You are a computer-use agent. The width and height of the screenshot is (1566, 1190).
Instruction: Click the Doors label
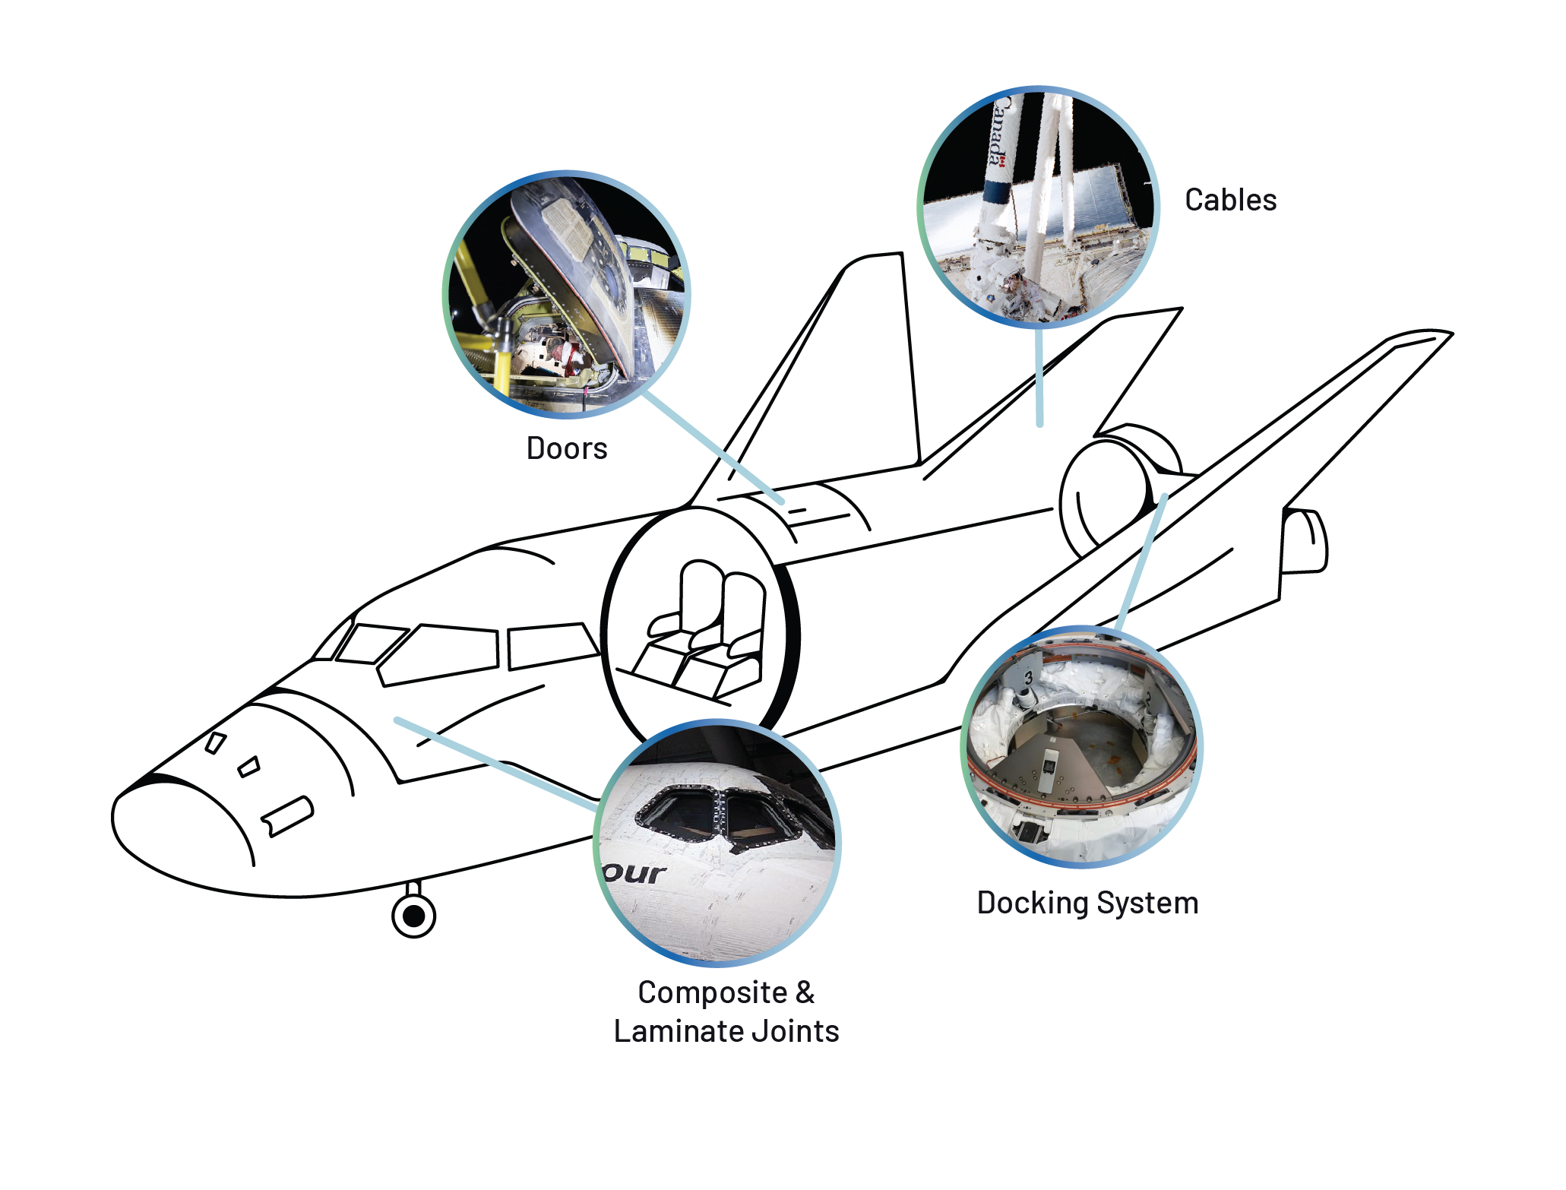coord(567,448)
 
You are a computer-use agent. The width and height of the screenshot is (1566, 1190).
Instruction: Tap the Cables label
coord(1231,200)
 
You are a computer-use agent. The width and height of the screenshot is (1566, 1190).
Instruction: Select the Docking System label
coord(1087,903)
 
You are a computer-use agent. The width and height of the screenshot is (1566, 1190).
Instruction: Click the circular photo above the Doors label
coord(567,294)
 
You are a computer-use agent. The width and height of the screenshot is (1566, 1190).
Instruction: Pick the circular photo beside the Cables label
coord(1039,207)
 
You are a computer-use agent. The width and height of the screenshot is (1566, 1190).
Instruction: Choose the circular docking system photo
coord(1082,747)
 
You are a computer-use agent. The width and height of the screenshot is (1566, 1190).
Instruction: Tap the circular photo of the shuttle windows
coord(717,843)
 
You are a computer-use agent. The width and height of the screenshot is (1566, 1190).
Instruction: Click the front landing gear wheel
coord(413,916)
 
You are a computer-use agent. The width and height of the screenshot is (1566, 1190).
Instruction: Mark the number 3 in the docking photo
coord(1028,678)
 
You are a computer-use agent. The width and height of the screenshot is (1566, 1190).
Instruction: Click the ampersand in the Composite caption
coord(805,992)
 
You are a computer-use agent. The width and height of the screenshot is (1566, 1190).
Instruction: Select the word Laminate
coord(679,1031)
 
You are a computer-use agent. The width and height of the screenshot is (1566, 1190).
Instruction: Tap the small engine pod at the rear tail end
coord(1304,541)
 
